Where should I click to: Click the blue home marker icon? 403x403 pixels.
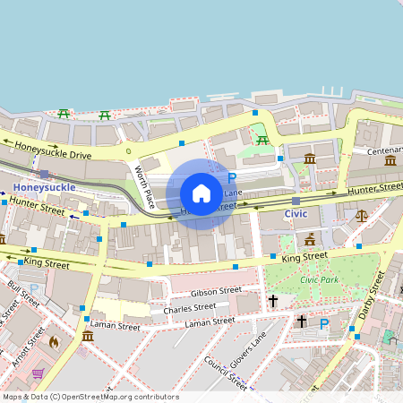(x=201, y=193)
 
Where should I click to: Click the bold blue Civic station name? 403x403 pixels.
(x=296, y=215)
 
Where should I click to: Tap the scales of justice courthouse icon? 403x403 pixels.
(x=362, y=215)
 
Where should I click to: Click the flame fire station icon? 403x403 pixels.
(x=53, y=341)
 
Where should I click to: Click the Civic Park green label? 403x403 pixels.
(x=320, y=279)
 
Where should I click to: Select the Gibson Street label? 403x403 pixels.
(x=216, y=291)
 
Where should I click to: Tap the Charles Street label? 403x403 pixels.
(x=190, y=308)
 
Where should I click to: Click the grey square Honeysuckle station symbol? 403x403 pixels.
(x=44, y=174)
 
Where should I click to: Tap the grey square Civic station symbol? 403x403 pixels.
(x=296, y=201)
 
